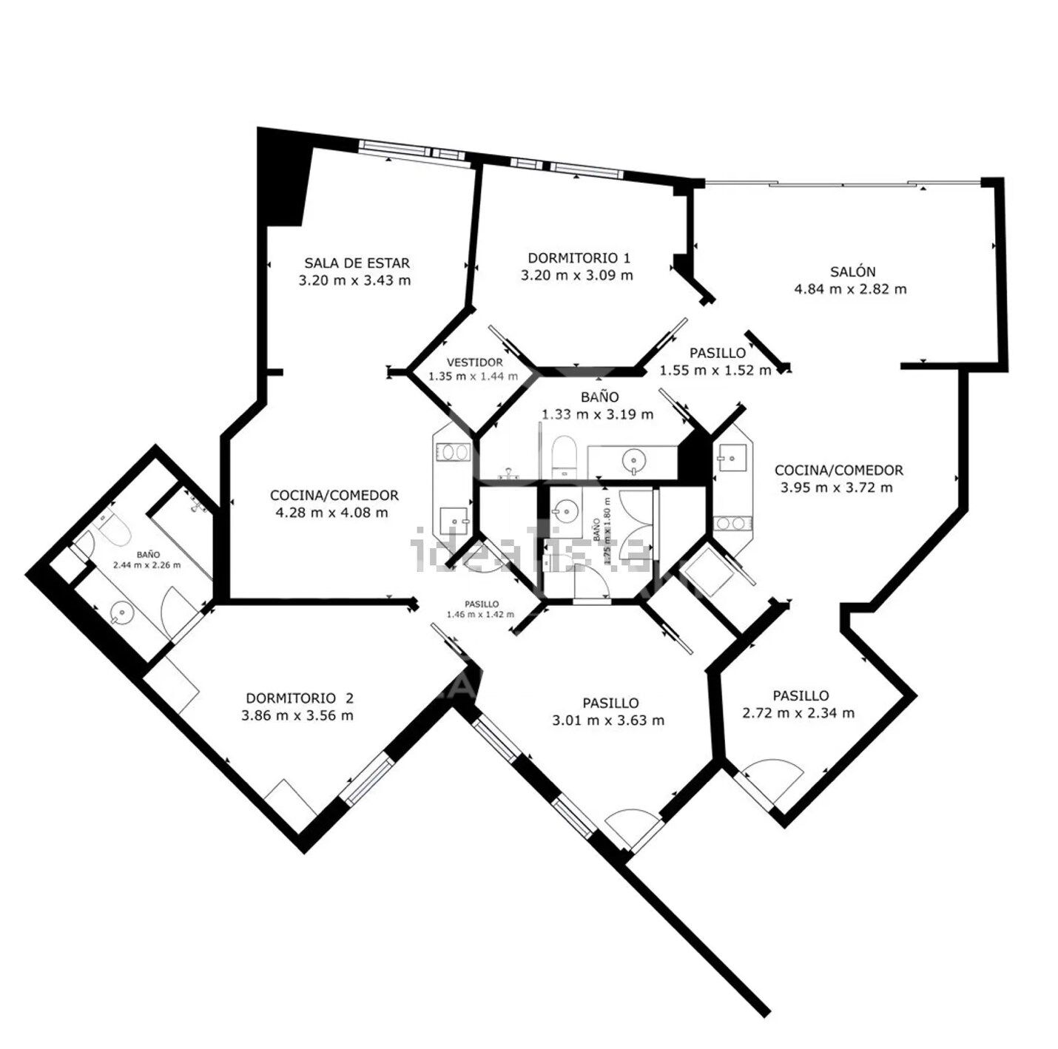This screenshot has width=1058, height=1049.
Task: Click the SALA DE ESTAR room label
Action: [x=357, y=263]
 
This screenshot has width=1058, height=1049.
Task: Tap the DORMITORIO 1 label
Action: [x=579, y=257]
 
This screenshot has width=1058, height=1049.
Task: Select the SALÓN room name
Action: [x=852, y=271]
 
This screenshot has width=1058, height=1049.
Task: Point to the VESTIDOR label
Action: [x=474, y=362]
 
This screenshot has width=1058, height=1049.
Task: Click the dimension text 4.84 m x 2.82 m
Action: [x=850, y=289]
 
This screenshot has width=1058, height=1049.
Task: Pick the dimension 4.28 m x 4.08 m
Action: [x=332, y=513]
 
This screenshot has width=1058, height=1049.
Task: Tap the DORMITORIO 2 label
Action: [x=300, y=698]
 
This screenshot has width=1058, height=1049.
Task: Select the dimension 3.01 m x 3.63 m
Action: [x=608, y=720]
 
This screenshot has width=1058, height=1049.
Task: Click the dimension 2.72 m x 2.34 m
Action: [x=798, y=713]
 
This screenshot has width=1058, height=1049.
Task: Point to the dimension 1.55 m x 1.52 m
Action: [x=715, y=370]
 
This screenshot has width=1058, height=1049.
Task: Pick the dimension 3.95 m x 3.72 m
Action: [x=837, y=488]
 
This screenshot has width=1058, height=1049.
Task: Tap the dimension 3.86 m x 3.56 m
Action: [x=297, y=715]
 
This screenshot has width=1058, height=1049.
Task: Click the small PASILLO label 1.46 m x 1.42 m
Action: [x=481, y=609]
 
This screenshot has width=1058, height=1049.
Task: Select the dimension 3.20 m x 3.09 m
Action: [x=577, y=275]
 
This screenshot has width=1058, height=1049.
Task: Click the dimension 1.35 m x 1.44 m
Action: [x=474, y=377]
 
